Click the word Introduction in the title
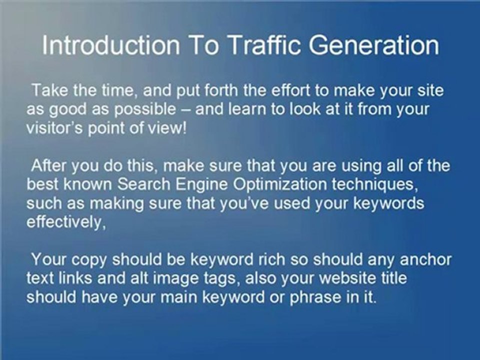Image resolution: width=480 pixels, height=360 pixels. pos(110,45)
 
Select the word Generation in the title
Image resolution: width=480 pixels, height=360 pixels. pos(373,46)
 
